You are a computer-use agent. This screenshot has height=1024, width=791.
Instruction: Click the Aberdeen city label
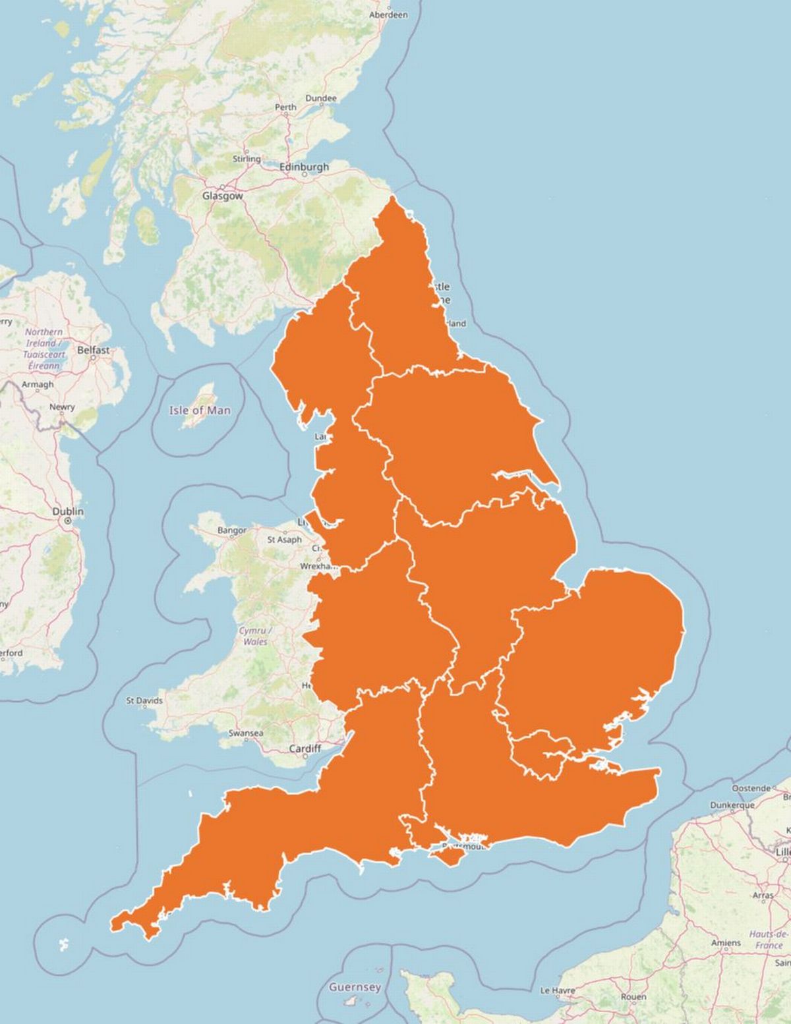click(388, 14)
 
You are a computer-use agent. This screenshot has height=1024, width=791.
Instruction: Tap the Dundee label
click(321, 98)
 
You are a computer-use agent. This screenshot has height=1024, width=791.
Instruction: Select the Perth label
click(285, 107)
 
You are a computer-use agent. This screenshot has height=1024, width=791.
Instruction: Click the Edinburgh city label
click(304, 167)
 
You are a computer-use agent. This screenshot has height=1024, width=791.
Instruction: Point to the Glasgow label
click(222, 196)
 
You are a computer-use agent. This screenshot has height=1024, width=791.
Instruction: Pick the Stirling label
click(247, 159)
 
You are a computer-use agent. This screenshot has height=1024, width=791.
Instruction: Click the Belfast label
click(94, 350)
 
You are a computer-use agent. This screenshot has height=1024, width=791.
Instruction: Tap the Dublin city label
click(69, 511)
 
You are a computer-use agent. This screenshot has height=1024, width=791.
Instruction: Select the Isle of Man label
click(200, 410)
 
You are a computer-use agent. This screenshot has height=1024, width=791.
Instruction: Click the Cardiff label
click(305, 749)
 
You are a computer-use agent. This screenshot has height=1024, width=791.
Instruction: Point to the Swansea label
click(246, 733)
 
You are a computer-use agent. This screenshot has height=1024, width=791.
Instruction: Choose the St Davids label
click(144, 700)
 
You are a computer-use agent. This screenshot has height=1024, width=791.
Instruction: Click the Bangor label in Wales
click(232, 530)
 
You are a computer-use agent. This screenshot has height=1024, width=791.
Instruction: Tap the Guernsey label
click(355, 987)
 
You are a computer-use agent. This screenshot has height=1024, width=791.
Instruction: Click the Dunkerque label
click(732, 805)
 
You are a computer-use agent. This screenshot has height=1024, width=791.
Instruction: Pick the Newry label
click(62, 407)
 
